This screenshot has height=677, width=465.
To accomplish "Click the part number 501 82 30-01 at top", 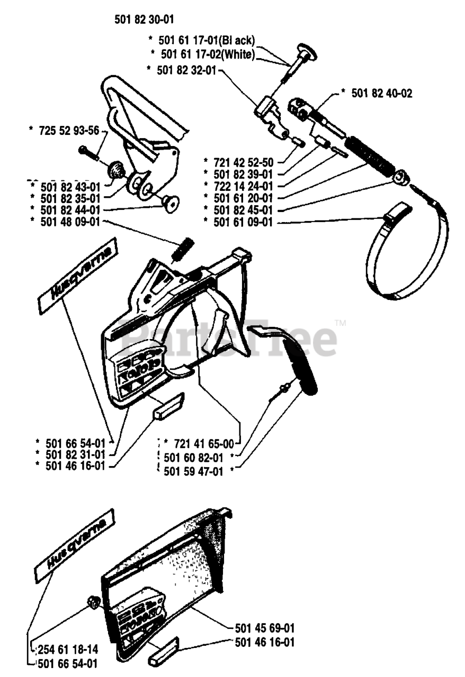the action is pos(145,20).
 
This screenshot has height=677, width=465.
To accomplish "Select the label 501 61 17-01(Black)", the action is pos(207,40).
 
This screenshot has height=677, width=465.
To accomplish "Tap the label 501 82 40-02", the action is pos(382,94).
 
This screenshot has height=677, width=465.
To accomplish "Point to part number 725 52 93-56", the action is pos(69,131).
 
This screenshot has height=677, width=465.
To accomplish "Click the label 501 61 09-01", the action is pos(243,222).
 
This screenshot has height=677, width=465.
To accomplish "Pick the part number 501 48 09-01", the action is pos(70,222).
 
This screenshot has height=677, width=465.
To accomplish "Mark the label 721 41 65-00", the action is pos(204,444).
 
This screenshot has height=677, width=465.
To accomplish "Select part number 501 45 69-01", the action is pos(265,628).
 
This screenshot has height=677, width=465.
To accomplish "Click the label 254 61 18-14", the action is pos(68,649).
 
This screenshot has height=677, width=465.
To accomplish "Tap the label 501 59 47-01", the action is pos(193,471).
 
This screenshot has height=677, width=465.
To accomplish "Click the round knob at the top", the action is pos(306,52).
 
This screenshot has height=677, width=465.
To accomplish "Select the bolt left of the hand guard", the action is pos(88,153).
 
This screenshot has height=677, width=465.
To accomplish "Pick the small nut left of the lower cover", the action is pos(93,603).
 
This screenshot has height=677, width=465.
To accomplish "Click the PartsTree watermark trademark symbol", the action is pos(341,323).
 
